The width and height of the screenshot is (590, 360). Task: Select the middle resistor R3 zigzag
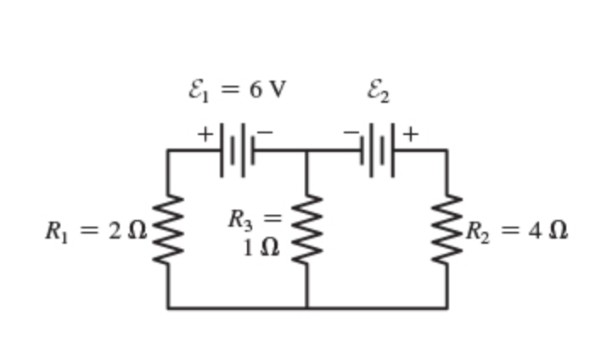tap(306, 229)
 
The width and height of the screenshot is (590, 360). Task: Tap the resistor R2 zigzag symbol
tap(447, 229)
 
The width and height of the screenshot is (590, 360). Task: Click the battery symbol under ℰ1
tap(238, 150)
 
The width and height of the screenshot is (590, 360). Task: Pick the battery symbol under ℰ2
tap(378, 150)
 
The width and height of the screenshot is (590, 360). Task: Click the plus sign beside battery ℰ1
tap(205, 133)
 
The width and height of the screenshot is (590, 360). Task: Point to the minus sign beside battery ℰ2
tap(351, 132)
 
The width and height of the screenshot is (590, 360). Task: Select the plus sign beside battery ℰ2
tap(411, 133)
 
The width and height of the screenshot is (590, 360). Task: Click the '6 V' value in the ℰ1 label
tap(268, 89)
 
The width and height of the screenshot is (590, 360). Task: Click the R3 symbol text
tap(240, 219)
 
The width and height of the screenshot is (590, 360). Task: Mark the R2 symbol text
tap(477, 231)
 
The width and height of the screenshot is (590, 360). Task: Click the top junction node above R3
tap(306, 150)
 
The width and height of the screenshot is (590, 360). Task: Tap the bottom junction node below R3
tap(306, 307)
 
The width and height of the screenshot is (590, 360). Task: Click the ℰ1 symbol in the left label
tap(197, 90)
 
